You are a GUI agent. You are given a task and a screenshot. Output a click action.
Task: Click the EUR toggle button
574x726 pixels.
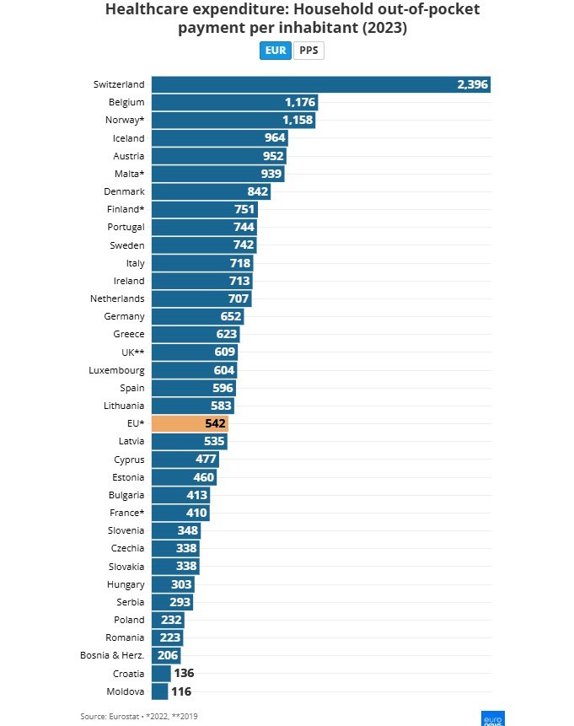pyautogui.click(x=275, y=51)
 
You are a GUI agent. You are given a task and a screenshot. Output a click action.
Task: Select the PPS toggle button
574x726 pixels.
pyautogui.click(x=308, y=51)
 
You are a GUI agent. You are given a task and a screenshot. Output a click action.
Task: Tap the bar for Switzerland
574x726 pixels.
pyautogui.click(x=320, y=84)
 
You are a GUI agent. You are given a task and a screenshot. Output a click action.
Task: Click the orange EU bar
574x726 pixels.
pyautogui.click(x=190, y=423)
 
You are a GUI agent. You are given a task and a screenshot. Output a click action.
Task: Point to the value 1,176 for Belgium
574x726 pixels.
pyautogui.click(x=299, y=102)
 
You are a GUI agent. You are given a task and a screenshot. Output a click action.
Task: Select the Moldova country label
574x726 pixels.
pyautogui.click(x=126, y=691)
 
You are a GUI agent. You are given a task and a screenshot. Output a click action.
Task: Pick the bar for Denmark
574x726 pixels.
pyautogui.click(x=211, y=191)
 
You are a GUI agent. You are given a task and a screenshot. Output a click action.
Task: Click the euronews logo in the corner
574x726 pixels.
pyautogui.click(x=491, y=717)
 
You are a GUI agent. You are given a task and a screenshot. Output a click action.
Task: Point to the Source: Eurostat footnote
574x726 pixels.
pyautogui.click(x=139, y=716)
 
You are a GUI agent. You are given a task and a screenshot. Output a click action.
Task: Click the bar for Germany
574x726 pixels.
pyautogui.click(x=197, y=316)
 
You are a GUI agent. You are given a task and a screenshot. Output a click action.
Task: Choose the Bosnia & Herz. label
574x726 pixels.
pyautogui.click(x=118, y=656)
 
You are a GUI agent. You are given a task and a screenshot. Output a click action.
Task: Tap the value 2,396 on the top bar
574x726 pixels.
pyautogui.click(x=472, y=84)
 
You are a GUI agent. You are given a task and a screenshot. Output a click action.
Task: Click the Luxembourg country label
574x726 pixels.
pyautogui.click(x=116, y=370)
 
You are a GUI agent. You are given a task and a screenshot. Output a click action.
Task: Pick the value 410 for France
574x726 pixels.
pyautogui.click(x=197, y=513)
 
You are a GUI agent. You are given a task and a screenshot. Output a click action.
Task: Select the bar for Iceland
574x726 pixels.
pyautogui.click(x=219, y=137)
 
